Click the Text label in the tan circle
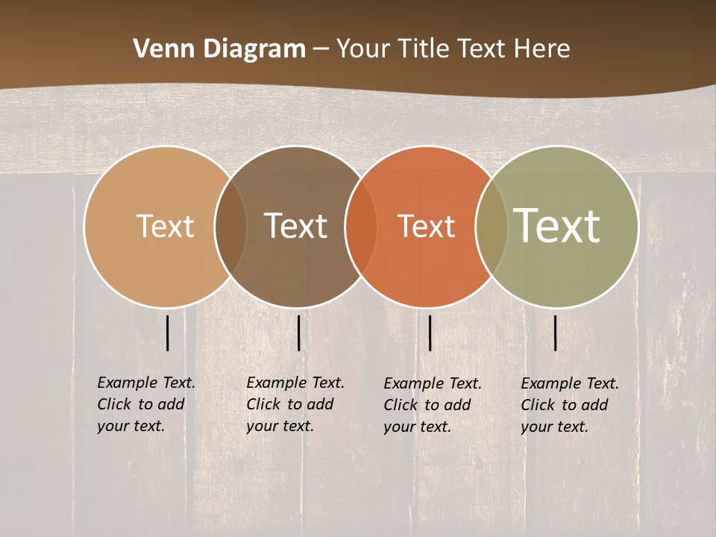click(x=165, y=226)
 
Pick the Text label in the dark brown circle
click(x=295, y=226)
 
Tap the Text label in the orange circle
click(x=426, y=226)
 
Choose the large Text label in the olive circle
click(x=557, y=225)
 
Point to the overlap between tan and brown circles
click(x=230, y=227)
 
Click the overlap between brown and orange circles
click(x=361, y=227)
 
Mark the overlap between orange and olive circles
click(x=492, y=227)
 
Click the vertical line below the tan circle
click(x=168, y=333)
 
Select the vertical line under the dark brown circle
click(x=298, y=333)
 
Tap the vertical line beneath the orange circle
click(x=430, y=333)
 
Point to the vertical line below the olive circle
click(x=555, y=333)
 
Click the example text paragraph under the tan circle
click(x=145, y=404)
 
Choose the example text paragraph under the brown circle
click(x=295, y=404)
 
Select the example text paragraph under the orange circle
click(x=432, y=405)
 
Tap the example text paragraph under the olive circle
click(x=569, y=405)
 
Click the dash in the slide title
click(x=321, y=50)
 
